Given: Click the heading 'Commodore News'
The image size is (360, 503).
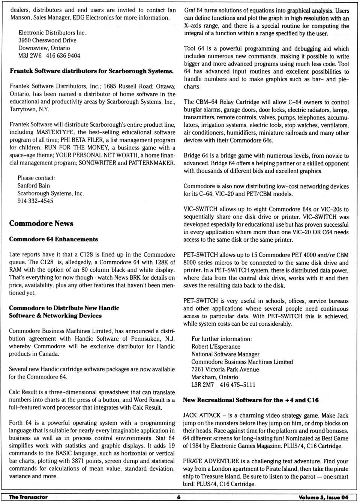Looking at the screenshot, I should pos(41,223).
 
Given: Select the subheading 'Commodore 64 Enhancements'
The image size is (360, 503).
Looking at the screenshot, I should pos(54,239).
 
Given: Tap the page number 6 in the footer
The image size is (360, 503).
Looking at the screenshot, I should pos(179,497).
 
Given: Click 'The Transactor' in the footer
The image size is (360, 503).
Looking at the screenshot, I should pos(28,497).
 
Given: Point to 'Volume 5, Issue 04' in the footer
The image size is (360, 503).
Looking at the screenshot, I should pos(323,497).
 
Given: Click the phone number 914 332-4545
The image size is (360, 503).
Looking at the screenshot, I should pos(35,201).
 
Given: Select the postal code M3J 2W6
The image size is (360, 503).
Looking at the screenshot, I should pos(30,55).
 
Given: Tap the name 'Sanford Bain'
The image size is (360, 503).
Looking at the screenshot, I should pos(33,186).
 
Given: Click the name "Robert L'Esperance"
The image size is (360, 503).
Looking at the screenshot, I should pos(216,347).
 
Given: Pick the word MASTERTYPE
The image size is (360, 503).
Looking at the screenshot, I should pos(55,132).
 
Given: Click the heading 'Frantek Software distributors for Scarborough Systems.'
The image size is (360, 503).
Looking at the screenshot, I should pos(91,71).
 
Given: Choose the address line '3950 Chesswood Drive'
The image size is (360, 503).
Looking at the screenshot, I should pos(47,40).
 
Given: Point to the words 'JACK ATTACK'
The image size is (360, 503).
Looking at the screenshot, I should pos(202,415).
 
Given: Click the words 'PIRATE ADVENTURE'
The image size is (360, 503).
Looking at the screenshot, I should pos(211,461).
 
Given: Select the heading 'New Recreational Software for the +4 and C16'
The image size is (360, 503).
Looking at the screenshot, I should pos(250,400).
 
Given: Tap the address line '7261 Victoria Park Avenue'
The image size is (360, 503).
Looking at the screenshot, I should pos(225,370).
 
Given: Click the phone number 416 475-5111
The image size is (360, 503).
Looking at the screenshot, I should pos(237,385).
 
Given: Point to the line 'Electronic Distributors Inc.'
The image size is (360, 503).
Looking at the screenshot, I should pos(52,33).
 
